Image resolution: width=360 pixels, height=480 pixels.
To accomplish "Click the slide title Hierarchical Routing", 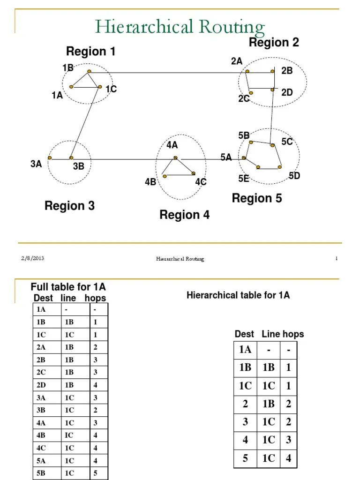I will click(180, 27).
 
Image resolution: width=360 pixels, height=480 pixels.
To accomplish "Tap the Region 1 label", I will click(90, 52).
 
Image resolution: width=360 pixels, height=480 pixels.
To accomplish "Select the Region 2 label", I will click(274, 43).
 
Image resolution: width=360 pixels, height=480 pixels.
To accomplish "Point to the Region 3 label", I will click(69, 205).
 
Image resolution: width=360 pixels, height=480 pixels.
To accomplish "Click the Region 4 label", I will click(185, 215).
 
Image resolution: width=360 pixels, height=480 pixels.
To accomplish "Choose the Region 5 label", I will click(257, 198).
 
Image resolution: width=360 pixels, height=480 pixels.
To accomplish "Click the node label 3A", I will click(36, 164).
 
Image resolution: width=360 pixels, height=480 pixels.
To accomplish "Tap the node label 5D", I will click(294, 176).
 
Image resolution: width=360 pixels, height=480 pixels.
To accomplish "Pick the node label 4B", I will click(150, 182).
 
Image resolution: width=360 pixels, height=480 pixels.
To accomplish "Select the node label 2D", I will click(287, 93).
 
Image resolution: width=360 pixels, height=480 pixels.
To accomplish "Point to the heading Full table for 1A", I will click(68, 287).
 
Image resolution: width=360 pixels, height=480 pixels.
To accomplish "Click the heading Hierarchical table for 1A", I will click(238, 295).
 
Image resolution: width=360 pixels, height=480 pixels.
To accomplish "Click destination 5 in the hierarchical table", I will click(245, 458).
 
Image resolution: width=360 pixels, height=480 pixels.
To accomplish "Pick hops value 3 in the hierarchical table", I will click(289, 440).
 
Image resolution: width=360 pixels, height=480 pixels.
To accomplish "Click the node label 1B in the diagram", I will click(68, 67).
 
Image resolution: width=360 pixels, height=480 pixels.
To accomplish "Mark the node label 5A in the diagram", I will click(226, 157).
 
